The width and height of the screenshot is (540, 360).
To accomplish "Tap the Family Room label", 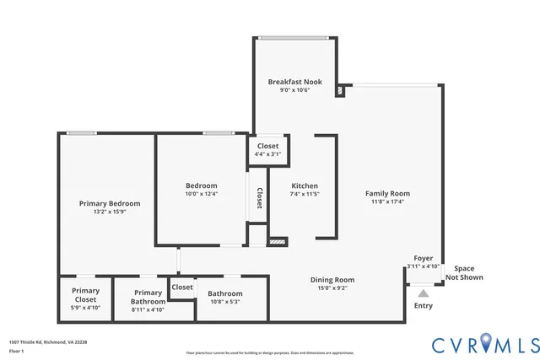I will click(x=387, y=194).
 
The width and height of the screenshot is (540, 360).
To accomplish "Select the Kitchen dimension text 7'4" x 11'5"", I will click(x=305, y=194).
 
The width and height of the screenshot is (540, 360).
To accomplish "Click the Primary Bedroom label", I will click(x=110, y=203).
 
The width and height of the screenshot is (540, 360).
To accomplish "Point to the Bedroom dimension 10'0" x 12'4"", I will click(x=202, y=194).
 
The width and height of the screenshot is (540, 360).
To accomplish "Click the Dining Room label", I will click(x=332, y=280).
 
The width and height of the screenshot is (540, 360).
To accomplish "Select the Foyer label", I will click(x=423, y=258).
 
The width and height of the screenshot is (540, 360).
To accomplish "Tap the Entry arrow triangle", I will click(x=423, y=293).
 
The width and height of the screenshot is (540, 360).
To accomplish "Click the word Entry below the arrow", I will click(x=423, y=305).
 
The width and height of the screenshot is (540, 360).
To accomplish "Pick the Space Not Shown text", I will click(x=464, y=272).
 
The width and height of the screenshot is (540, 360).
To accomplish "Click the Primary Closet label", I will click(x=85, y=294).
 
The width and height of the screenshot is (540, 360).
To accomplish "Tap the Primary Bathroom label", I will click(x=148, y=297).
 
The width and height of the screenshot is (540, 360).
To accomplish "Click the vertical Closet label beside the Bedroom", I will click(x=259, y=197).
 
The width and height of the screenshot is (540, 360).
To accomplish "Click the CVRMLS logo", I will click(x=485, y=343).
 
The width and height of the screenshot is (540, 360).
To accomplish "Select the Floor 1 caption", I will click(x=16, y=351).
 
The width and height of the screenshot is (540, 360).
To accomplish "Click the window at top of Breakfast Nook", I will click(x=294, y=37).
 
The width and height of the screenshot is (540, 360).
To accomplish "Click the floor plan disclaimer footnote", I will click(x=270, y=352).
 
